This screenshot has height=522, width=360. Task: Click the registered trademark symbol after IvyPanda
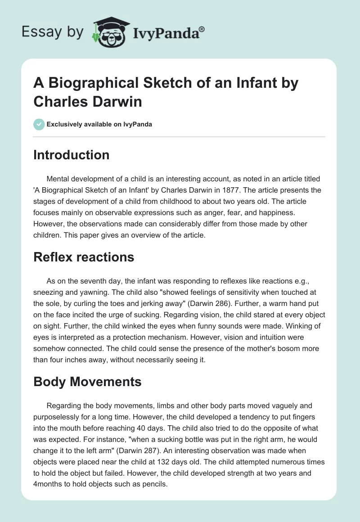[x=202, y=29]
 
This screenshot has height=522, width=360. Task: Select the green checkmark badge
[x=40, y=124]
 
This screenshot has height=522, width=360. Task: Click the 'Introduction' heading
[x=72, y=155]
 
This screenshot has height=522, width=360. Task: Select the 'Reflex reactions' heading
[x=84, y=257]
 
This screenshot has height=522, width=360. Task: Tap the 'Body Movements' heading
[x=87, y=382]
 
